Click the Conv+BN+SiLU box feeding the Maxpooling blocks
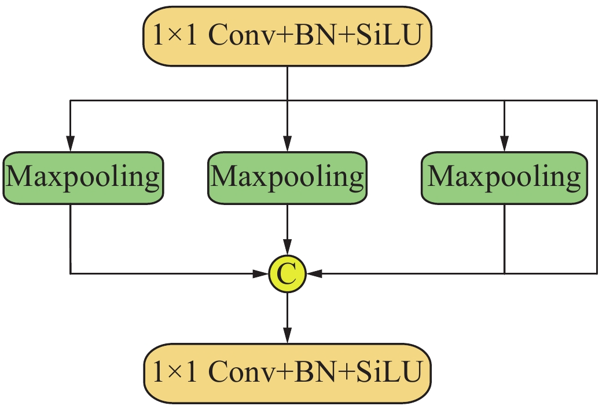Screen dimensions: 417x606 click(x=287, y=36)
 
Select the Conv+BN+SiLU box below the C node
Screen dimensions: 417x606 click(x=287, y=372)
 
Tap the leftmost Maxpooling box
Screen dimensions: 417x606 click(x=83, y=178)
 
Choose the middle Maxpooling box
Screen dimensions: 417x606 click(x=287, y=178)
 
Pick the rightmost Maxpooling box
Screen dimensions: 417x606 click(x=505, y=178)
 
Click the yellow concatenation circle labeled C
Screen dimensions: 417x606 click(x=287, y=274)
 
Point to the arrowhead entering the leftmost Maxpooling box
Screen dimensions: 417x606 click(x=70, y=144)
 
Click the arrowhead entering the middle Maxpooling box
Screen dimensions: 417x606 click(x=287, y=144)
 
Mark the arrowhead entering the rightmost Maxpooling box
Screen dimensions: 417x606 click(x=505, y=144)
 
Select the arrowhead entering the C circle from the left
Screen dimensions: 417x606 click(x=262, y=273)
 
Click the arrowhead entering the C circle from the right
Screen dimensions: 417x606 click(x=313, y=273)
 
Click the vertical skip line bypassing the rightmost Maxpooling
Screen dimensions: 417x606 click(x=597, y=185)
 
